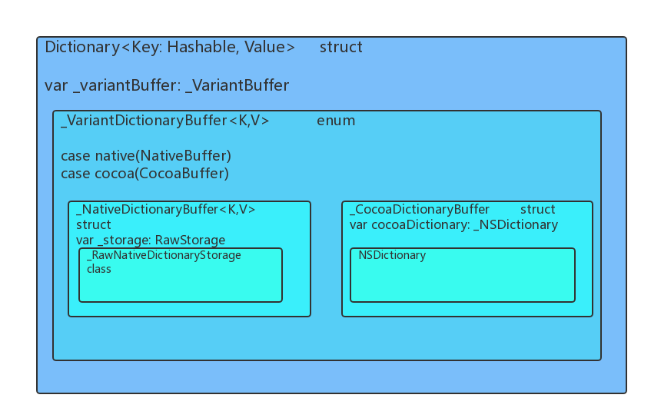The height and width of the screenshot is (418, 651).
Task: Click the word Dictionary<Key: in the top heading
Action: [104, 47]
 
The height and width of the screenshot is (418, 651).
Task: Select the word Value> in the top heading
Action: [270, 47]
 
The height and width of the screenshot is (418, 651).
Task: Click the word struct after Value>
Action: [340, 47]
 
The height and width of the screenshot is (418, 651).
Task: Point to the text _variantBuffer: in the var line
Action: [127, 85]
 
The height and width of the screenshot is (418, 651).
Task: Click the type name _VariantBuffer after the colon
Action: [237, 85]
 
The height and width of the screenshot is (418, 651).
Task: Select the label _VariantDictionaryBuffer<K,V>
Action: [165, 121]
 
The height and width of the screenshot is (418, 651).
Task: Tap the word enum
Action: [336, 121]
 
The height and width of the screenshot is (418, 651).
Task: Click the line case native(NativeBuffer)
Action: [146, 156]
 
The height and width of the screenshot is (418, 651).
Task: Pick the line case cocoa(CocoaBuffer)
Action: [144, 174]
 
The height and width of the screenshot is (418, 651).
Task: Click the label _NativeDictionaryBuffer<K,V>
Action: [166, 209]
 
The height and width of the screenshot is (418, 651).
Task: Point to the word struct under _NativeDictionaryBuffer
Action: [94, 224]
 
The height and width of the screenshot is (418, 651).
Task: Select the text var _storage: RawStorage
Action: [151, 240]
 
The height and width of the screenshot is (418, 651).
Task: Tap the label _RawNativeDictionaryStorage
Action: [164, 255]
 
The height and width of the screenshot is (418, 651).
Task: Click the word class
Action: [99, 269]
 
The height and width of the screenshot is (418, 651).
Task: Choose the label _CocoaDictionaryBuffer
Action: [420, 209]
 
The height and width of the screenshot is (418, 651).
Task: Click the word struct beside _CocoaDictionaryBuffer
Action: [538, 209]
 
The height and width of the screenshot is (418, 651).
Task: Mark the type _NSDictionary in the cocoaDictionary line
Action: [516, 224]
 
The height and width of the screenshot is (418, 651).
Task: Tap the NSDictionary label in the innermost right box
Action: [392, 255]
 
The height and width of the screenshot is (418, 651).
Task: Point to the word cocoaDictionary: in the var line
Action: [420, 224]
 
